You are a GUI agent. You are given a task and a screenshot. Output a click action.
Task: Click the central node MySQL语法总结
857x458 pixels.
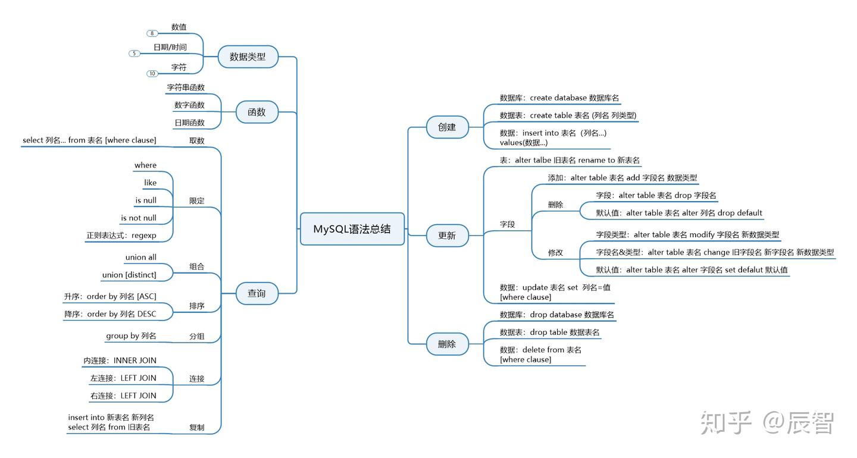tap(352, 229)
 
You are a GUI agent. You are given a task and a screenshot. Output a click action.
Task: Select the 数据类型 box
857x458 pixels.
tap(248, 57)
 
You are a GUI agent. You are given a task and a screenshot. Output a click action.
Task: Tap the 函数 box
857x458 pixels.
tap(257, 112)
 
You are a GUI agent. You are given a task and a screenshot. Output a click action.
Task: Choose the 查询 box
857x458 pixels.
tap(257, 293)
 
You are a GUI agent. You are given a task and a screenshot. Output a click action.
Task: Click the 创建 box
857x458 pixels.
tap(447, 127)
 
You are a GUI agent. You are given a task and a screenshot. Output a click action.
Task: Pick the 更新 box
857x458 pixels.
tap(447, 236)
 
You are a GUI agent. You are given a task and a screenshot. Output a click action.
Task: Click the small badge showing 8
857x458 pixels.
tap(152, 33)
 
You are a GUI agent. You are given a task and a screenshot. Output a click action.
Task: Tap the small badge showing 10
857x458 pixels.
tap(152, 73)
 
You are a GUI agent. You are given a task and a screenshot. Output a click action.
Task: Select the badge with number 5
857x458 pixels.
tap(135, 54)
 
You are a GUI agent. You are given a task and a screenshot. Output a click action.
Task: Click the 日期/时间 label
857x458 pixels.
tap(170, 47)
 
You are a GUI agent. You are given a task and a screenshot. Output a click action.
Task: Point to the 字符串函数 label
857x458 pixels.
tap(186, 87)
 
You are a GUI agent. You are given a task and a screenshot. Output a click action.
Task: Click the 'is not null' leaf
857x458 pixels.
tap(139, 218)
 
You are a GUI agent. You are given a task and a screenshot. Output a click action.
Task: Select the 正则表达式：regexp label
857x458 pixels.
tap(121, 236)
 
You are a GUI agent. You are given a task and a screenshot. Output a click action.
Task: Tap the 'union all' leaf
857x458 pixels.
tap(141, 258)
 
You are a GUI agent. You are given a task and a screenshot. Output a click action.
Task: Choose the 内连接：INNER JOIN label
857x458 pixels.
tap(120, 360)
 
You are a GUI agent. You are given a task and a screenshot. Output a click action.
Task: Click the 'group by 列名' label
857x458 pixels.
tap(131, 336)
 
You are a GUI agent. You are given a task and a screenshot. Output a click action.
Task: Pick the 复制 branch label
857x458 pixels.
tap(197, 427)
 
